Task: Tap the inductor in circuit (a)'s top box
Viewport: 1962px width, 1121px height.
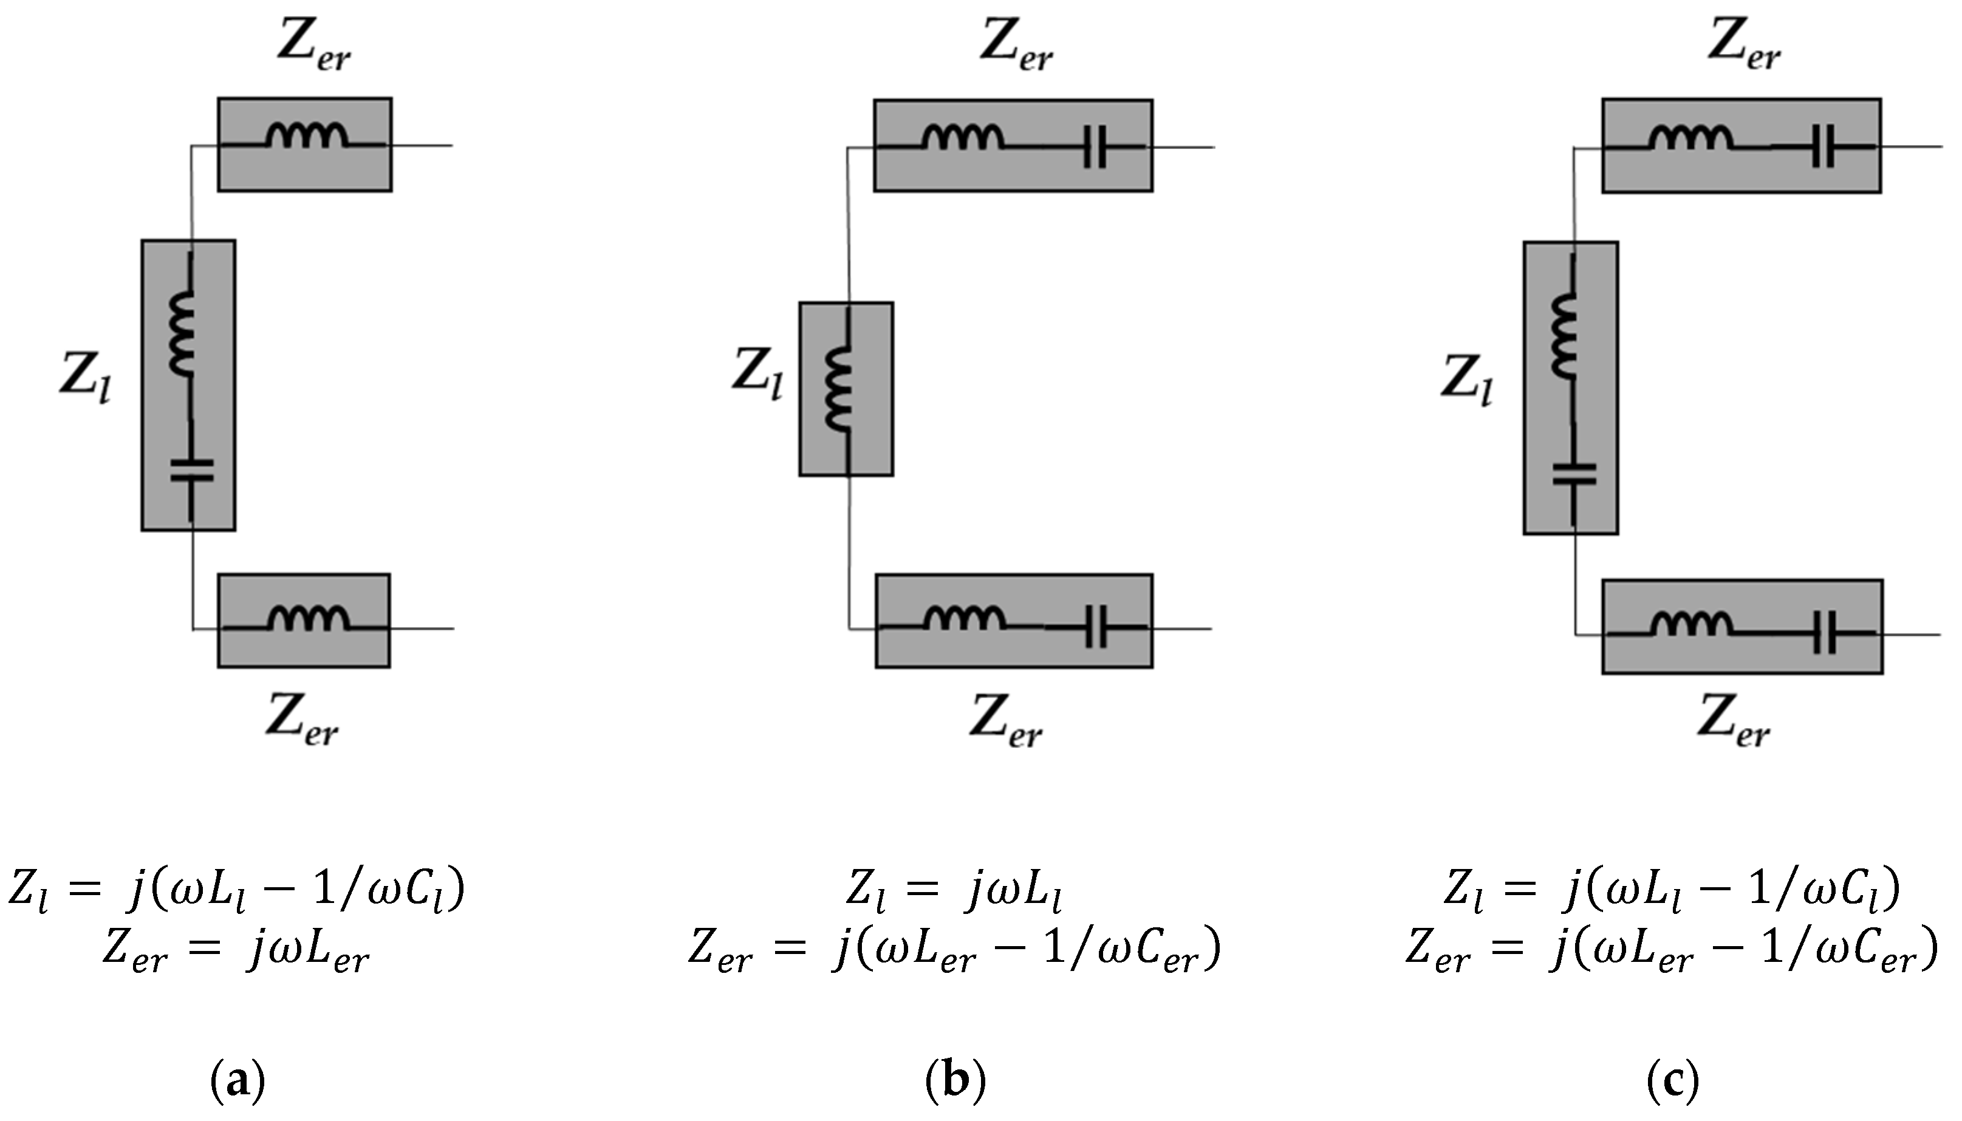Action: (x=307, y=137)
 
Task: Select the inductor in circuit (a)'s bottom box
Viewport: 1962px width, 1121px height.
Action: (x=308, y=620)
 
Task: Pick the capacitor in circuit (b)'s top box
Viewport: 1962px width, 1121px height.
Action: (x=1094, y=148)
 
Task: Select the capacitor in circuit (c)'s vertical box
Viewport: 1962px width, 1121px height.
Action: (x=1574, y=474)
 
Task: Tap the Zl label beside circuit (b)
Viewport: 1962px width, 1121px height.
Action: (x=757, y=373)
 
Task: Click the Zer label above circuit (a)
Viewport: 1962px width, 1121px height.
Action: (x=314, y=46)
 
